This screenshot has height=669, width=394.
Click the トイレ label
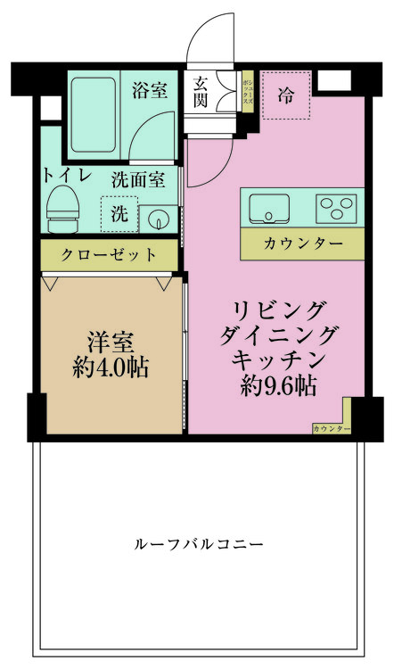[x=62, y=174]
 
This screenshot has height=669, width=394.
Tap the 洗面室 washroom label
[x=137, y=179]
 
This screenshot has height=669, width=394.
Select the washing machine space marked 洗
[x=119, y=214]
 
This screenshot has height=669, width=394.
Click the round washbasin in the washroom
[x=160, y=217]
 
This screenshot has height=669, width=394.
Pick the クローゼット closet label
[x=109, y=255]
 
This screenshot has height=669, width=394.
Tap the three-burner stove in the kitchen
[x=338, y=209]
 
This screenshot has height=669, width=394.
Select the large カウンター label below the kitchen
[x=303, y=243]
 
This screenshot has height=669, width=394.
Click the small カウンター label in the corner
[x=331, y=429]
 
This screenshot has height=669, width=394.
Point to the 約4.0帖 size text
[x=111, y=367]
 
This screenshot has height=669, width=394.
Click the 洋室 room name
[x=111, y=342]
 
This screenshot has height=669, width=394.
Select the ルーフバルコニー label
[x=199, y=544]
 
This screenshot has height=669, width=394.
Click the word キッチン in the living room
[x=275, y=359]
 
